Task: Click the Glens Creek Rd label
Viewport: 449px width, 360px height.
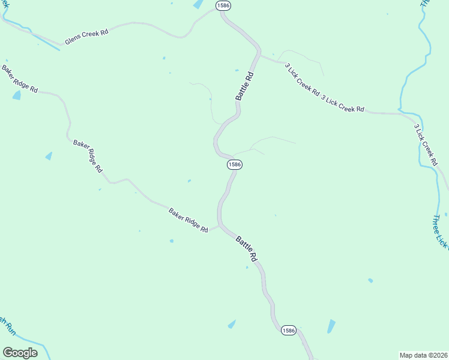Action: click(x=86, y=37)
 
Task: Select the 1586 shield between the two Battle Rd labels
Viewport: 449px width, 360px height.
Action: click(x=234, y=164)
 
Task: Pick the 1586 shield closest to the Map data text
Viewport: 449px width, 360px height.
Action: click(x=288, y=330)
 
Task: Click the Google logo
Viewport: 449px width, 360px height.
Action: click(x=20, y=353)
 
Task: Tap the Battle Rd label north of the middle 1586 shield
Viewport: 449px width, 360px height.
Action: click(x=244, y=86)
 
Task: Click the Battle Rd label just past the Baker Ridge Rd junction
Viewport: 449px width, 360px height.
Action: click(x=246, y=248)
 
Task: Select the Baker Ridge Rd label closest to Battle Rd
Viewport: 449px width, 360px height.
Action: click(x=188, y=220)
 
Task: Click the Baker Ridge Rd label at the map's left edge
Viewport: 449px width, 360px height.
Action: click(x=19, y=79)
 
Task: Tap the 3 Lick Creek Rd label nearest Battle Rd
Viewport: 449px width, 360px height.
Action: click(x=302, y=80)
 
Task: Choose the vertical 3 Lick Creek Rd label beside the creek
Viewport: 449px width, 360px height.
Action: click(x=424, y=145)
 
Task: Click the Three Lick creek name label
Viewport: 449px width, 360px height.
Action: click(x=440, y=231)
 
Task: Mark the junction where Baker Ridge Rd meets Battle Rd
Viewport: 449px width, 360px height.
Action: click(x=220, y=226)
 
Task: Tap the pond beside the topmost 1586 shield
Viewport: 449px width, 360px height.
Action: click(x=197, y=4)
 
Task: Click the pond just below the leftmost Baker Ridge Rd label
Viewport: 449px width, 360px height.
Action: click(x=16, y=95)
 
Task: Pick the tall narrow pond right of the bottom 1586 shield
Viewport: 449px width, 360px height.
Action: click(x=331, y=326)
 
